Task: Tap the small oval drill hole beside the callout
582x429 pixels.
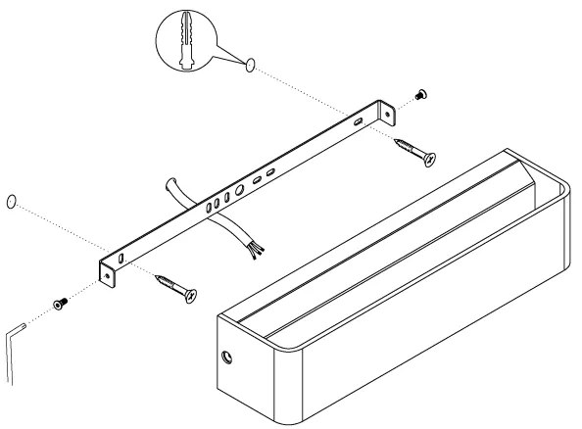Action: [252, 66]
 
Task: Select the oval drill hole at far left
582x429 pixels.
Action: [11, 202]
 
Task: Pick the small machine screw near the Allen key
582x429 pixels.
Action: [59, 305]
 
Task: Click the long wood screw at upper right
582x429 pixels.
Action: [415, 151]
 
